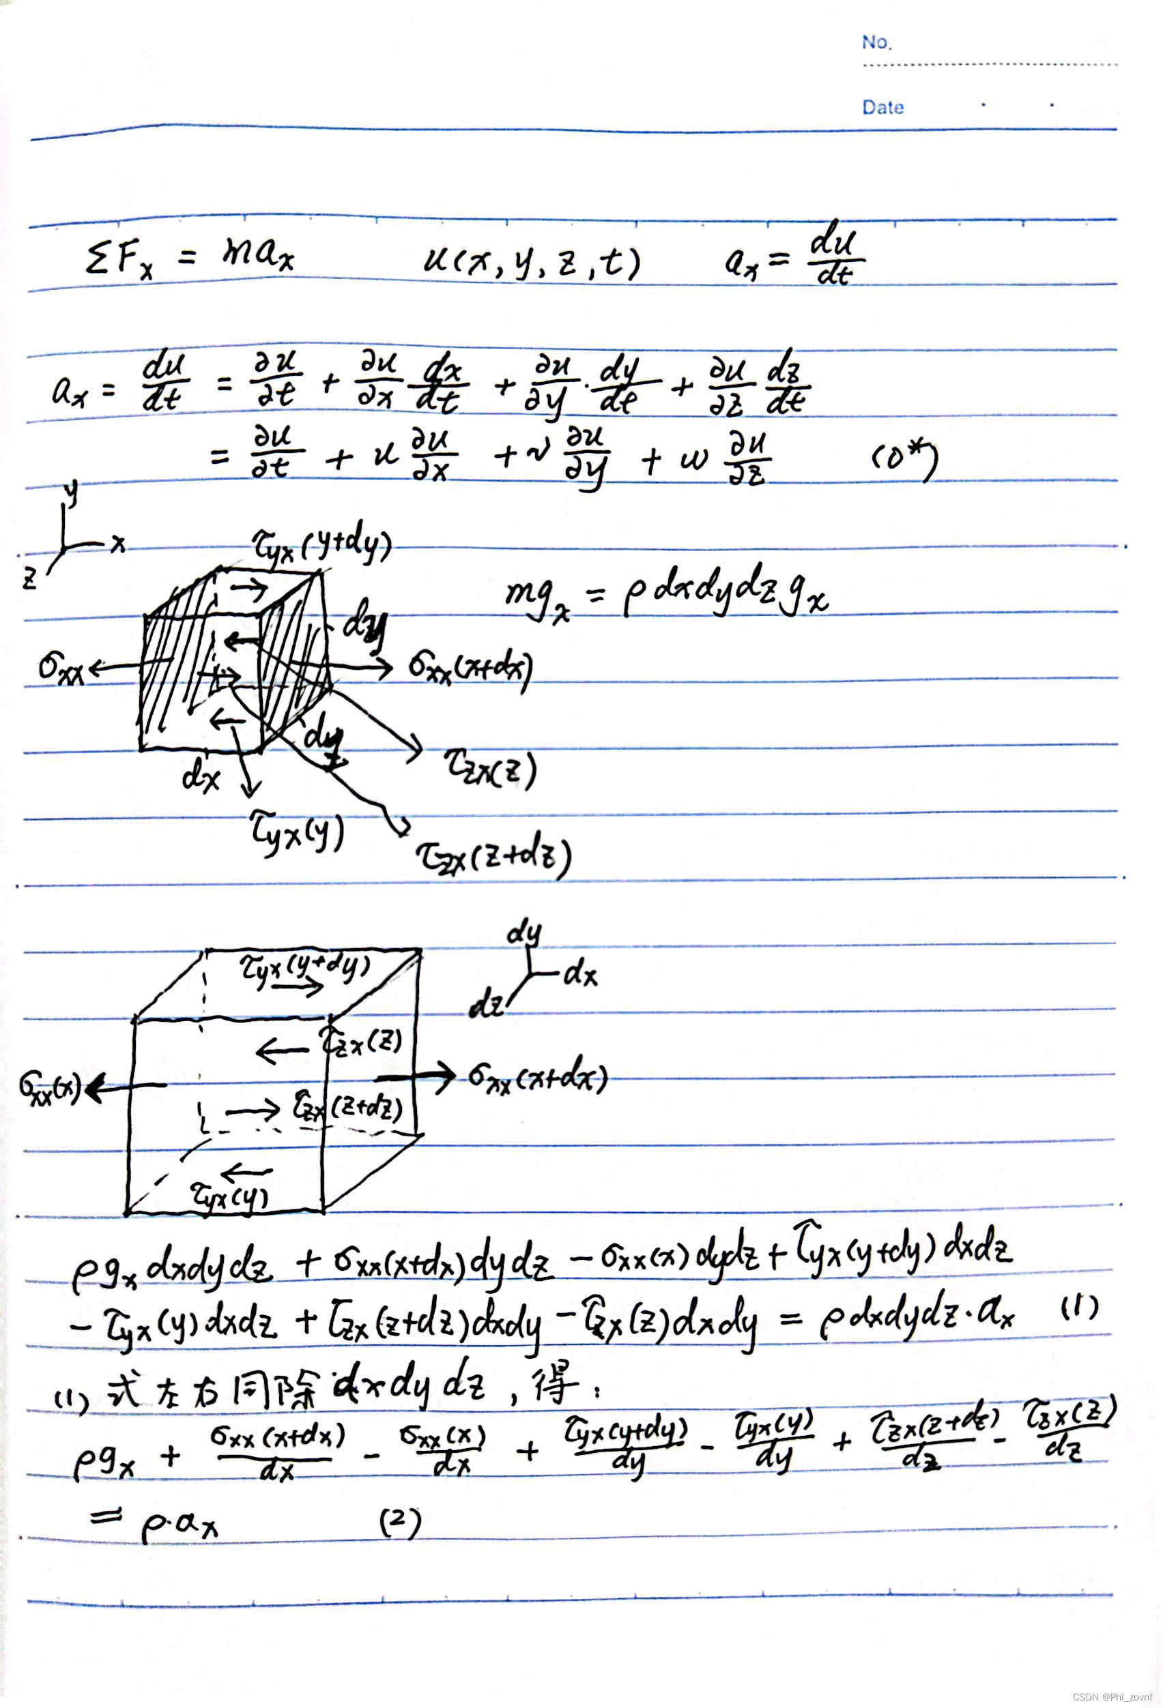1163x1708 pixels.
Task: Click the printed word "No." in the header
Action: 876,42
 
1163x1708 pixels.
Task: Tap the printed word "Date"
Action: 883,107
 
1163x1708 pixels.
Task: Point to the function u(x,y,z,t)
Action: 532,263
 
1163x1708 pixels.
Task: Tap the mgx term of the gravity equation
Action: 536,598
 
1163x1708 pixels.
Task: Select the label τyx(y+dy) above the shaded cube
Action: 321,546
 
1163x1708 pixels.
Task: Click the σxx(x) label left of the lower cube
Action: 49,1086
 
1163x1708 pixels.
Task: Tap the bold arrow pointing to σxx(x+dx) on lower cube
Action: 416,1076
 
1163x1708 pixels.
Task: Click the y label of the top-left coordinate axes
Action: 70,495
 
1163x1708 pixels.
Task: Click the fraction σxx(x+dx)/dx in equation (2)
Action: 277,1452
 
